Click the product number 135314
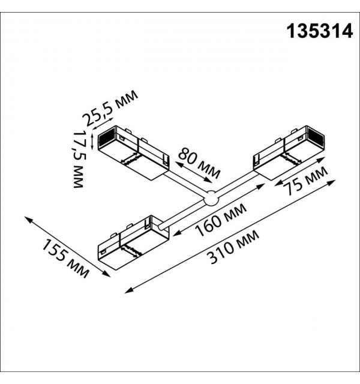(x=320, y=31)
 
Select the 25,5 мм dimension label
(x=110, y=108)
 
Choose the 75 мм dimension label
(x=305, y=181)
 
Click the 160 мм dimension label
(x=221, y=220)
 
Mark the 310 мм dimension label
(x=233, y=247)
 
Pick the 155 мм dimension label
(x=65, y=258)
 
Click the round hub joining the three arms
(x=211, y=198)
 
